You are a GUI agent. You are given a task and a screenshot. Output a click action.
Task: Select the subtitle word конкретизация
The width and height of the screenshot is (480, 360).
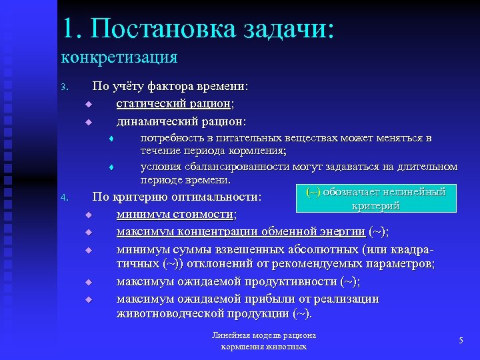[119, 57]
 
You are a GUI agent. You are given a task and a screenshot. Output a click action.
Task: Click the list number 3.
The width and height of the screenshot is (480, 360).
[63, 88]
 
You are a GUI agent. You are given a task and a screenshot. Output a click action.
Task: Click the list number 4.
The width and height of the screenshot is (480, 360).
[63, 198]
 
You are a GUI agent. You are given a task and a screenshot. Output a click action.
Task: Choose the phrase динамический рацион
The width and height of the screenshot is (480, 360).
[180, 121]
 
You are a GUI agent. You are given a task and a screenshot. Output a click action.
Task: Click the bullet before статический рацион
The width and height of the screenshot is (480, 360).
[87, 105]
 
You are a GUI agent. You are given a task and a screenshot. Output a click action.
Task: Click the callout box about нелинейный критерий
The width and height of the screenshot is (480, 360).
[375, 199]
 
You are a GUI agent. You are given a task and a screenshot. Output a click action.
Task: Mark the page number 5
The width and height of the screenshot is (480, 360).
[461, 341]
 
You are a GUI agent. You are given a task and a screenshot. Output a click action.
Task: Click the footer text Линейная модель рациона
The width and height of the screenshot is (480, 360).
[263, 335]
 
